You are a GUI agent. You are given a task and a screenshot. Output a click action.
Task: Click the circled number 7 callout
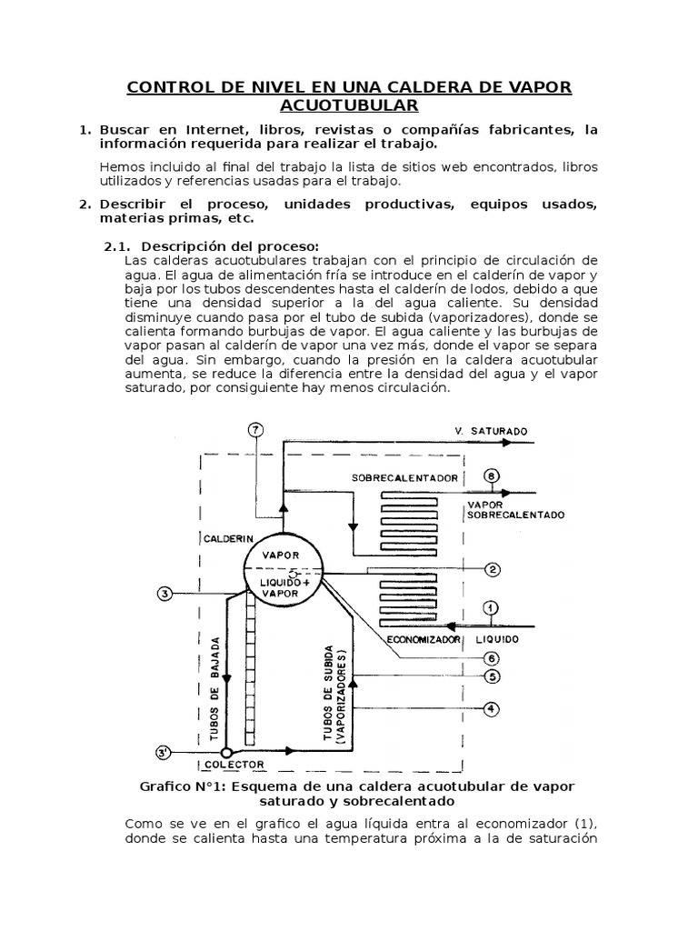(257, 430)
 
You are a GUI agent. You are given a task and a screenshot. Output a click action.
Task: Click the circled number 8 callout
(492, 476)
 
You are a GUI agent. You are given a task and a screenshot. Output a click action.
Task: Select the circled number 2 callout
(492, 570)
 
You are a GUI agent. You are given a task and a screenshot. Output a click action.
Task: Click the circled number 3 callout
(165, 594)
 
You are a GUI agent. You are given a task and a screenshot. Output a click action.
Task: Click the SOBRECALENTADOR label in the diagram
(404, 477)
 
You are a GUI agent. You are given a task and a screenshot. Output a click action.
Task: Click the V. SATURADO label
(491, 431)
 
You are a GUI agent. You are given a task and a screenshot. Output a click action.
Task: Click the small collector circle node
(227, 752)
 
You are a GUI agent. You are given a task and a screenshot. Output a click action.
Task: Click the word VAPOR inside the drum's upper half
(280, 554)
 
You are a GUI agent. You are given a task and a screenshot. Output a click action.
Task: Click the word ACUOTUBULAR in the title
(349, 105)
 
